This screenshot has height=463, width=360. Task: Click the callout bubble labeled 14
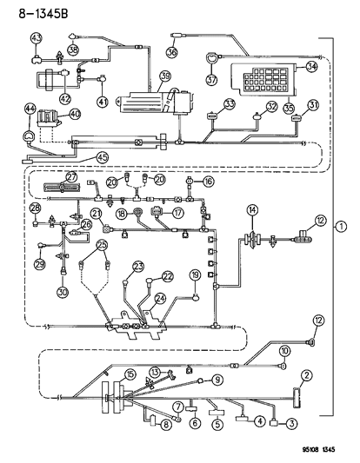[252, 208]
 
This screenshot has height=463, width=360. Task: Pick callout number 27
[71, 176]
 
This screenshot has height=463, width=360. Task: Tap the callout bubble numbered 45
[102, 157]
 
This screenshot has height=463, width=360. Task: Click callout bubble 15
[130, 374]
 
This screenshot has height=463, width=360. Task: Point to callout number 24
[159, 298]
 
